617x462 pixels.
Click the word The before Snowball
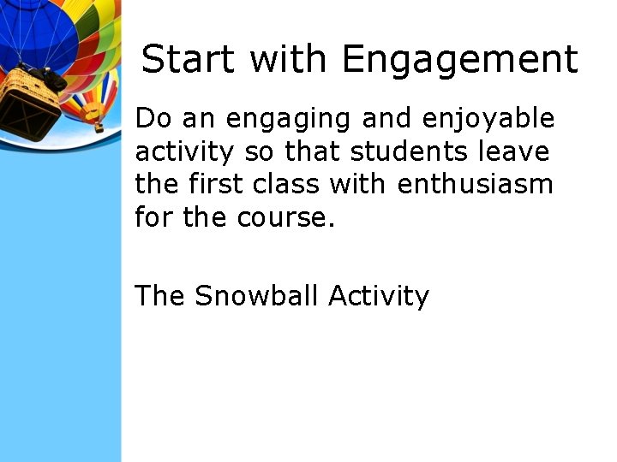159,295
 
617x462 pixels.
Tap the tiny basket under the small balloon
99,128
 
